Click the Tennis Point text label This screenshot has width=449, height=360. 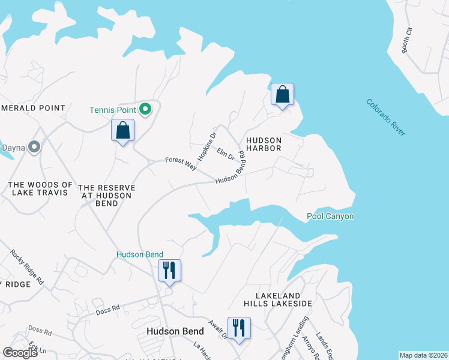click(113, 110)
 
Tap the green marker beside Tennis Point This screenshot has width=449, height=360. click(145, 109)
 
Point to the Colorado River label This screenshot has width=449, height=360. click(385, 116)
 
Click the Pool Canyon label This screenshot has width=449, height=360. click(330, 216)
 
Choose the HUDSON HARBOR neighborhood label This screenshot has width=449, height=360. click(264, 142)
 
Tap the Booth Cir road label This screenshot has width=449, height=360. click(409, 40)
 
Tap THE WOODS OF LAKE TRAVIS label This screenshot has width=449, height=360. click(41, 188)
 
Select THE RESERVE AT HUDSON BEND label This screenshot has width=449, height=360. click(106, 196)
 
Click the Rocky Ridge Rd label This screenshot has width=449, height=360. click(27, 266)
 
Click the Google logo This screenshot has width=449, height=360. click(20, 352)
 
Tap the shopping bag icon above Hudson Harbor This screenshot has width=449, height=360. click(282, 95)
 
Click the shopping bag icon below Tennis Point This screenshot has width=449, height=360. click(122, 130)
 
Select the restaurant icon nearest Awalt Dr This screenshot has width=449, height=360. click(239, 328)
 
